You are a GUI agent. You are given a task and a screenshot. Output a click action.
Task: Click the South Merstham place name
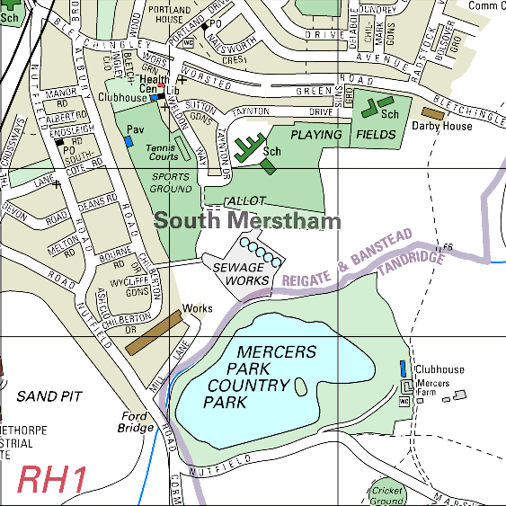pos(247,221)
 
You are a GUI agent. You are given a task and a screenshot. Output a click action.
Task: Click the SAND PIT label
pos(49,395)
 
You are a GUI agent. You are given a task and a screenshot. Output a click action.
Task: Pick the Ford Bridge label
pos(138,422)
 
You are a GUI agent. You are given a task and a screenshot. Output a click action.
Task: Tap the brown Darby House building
pos(432,113)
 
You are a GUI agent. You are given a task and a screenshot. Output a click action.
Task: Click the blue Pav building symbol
pos(129,141)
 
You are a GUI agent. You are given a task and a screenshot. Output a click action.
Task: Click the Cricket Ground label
pos(387,495)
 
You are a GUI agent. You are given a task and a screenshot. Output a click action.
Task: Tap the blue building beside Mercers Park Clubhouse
pos(402,368)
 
